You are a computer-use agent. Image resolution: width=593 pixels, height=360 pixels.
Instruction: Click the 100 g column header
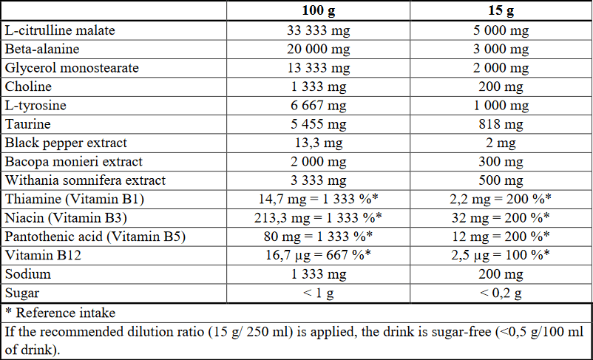coord(319,11)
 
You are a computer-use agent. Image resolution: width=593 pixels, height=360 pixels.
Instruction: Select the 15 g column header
coord(501,11)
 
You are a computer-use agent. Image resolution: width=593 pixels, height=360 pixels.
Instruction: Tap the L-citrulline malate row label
coord(60,30)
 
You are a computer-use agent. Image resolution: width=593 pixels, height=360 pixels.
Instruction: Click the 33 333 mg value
coord(319,30)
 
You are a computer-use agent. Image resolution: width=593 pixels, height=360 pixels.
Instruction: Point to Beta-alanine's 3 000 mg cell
coord(501,50)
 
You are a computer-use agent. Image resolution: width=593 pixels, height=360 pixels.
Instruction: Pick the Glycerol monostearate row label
coord(72,68)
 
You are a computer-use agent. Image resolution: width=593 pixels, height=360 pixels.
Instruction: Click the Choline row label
coord(28,86)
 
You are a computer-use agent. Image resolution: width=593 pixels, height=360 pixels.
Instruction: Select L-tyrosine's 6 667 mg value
coord(319,106)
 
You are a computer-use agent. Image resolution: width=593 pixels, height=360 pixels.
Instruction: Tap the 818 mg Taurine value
coord(501,124)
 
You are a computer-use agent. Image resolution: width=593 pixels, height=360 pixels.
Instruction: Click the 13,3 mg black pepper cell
coord(319,143)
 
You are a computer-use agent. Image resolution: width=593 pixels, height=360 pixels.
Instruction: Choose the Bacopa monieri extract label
coord(74,161)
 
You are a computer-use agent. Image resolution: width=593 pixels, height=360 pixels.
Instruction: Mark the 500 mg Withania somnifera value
coord(501,180)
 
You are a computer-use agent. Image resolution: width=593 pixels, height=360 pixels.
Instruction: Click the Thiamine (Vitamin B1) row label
coord(75,199)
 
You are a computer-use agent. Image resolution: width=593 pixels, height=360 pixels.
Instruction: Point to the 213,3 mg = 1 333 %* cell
coord(319,218)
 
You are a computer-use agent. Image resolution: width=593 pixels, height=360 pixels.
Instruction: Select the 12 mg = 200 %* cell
coord(501,237)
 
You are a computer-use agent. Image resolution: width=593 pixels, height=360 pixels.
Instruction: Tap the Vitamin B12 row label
coord(43,255)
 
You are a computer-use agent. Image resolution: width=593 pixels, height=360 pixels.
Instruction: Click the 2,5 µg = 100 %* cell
coord(501,255)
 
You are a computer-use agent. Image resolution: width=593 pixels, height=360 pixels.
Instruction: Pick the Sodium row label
coord(28,274)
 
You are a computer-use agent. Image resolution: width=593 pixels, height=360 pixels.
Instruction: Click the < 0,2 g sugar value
coord(501,293)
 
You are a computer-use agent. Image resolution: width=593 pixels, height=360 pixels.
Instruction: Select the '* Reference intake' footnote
coord(60,313)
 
